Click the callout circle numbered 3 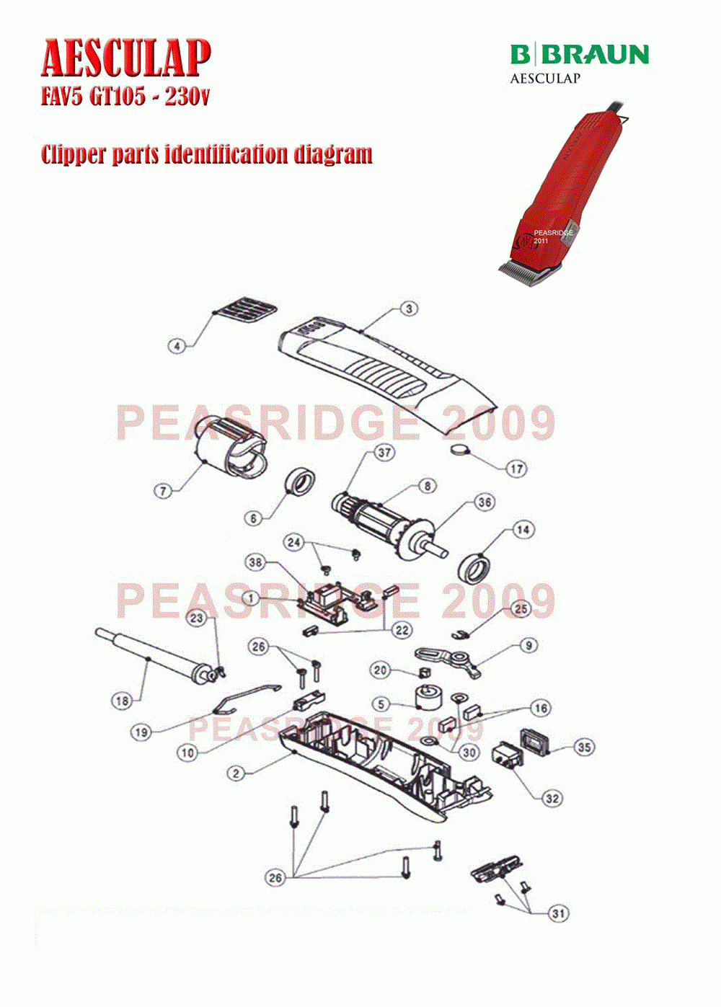[409, 309]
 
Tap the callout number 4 [177, 346]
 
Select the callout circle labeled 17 [516, 469]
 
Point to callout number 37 [384, 452]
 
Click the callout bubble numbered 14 [523, 530]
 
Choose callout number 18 [123, 701]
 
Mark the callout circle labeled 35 [584, 748]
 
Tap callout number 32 [552, 799]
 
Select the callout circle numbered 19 [141, 732]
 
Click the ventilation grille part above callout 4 [245, 309]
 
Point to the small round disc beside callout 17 [460, 449]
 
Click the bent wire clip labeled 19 [243, 698]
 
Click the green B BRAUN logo [579, 54]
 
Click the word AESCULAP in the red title [126, 58]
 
